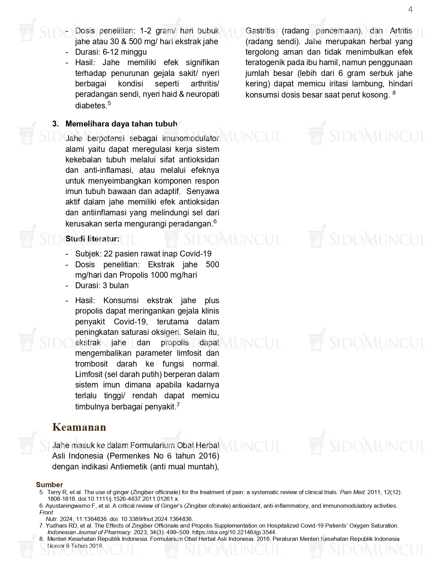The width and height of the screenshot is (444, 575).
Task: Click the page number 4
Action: (x=410, y=10)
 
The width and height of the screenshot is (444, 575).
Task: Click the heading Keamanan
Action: (x=79, y=427)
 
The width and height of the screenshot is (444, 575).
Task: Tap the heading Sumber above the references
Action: (x=49, y=485)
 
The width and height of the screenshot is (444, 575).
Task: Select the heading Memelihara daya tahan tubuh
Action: (x=121, y=124)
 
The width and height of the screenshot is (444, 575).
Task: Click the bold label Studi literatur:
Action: (x=92, y=239)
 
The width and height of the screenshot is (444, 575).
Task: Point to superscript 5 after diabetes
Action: (x=109, y=103)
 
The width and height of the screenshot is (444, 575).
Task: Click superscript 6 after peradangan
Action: (x=215, y=221)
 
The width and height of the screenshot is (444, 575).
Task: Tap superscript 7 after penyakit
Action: (x=178, y=404)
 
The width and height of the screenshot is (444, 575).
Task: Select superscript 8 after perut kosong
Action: (x=394, y=93)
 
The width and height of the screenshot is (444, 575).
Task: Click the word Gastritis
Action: (x=260, y=31)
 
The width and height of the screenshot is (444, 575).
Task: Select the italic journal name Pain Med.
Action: (x=352, y=492)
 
